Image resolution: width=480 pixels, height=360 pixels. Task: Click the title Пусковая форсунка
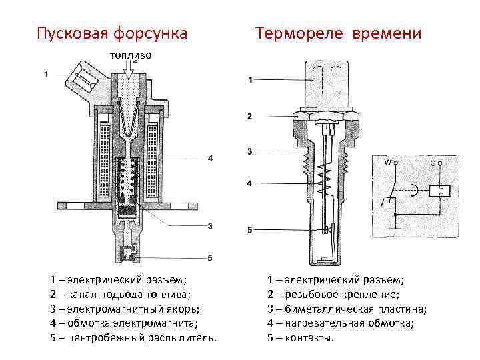[x=111, y=33]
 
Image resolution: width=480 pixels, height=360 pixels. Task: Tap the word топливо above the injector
[x=131, y=55]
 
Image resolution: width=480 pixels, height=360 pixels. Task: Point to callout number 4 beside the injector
[x=209, y=159]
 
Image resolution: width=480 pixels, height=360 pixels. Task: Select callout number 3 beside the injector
[x=209, y=226]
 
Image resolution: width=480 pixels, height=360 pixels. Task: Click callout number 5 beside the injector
[x=209, y=257]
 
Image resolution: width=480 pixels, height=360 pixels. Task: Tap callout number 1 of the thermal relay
[x=250, y=81]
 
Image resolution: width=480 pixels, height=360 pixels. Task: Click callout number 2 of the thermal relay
[x=250, y=117]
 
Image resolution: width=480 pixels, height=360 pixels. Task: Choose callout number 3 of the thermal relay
[x=250, y=152]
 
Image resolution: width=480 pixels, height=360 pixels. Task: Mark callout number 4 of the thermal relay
[x=250, y=183]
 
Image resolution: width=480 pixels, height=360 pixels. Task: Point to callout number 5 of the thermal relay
[x=250, y=230]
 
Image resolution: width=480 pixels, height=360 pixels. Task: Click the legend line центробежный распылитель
[x=133, y=337]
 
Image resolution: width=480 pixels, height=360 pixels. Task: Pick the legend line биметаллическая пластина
[x=347, y=309]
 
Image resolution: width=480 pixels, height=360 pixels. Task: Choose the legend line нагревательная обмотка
[x=340, y=323]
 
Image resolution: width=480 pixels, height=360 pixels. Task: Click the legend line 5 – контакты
[x=300, y=337]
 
